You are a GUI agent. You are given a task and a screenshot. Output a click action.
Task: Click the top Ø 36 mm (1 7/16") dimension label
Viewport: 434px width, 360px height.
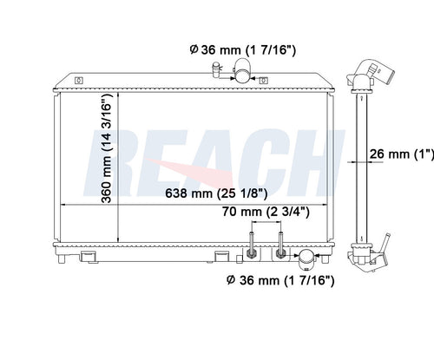pyautogui.click(x=243, y=49)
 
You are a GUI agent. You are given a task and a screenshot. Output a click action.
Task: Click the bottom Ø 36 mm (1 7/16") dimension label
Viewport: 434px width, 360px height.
pyautogui.click(x=280, y=280)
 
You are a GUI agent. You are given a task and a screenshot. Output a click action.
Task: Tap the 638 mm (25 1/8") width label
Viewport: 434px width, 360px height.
pyautogui.click(x=216, y=193)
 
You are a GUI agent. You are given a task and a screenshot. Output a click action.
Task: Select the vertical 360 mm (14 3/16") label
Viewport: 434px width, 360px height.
pyautogui.click(x=107, y=147)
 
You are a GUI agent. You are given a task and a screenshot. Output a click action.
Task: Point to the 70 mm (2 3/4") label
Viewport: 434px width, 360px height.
pyautogui.click(x=266, y=212)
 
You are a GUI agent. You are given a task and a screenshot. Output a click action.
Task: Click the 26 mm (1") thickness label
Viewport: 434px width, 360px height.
pyautogui.click(x=402, y=154)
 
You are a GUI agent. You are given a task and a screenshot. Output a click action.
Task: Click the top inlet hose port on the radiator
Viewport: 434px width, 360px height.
pyautogui.click(x=242, y=70)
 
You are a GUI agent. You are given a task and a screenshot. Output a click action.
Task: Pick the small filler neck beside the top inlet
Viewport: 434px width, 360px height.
pyautogui.click(x=216, y=69)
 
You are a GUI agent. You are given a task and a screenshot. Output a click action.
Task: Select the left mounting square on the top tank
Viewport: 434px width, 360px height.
pyautogui.click(x=79, y=80)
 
